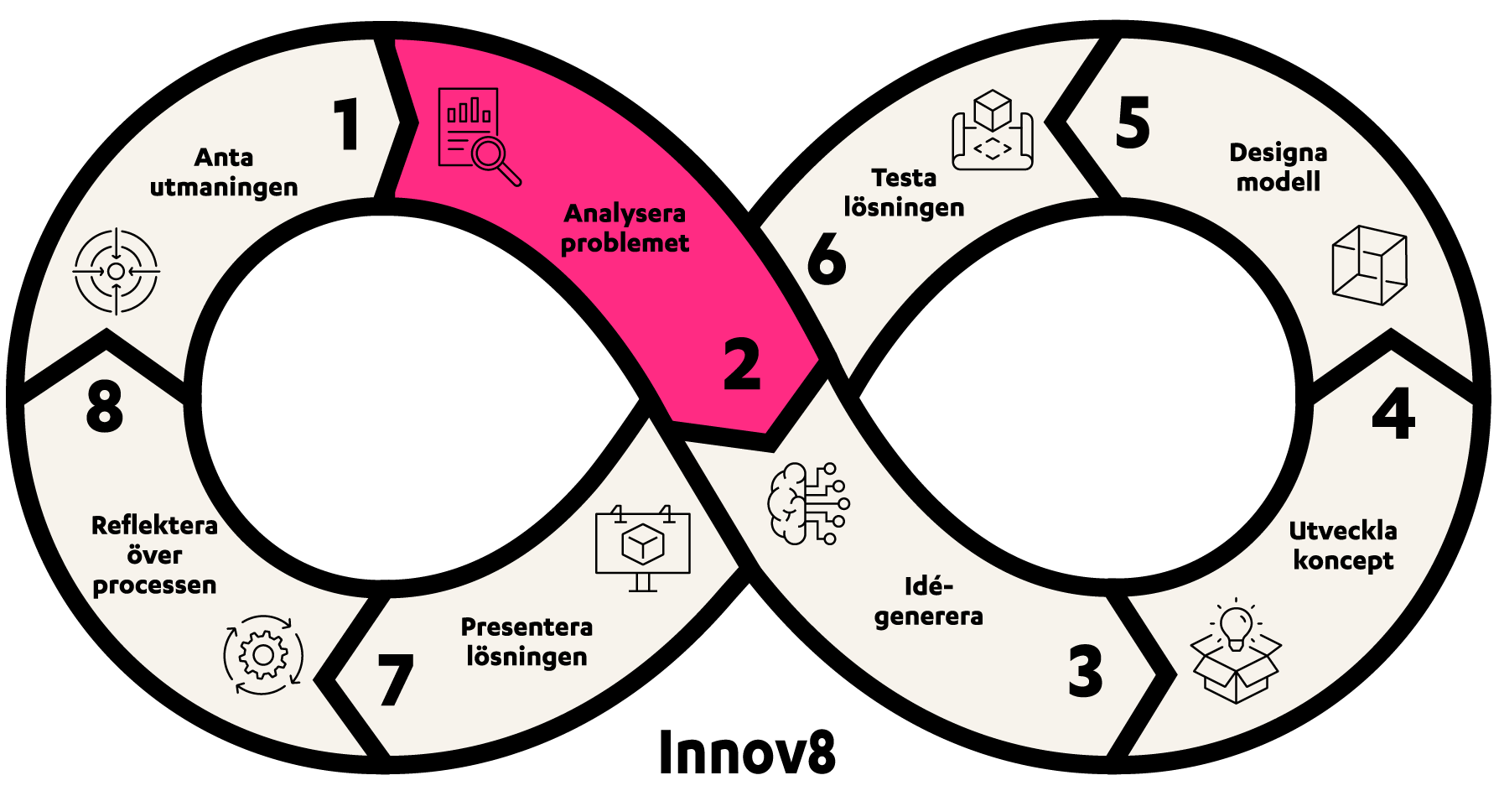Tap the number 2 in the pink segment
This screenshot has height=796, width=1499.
742,365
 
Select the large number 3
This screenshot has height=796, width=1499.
1086,671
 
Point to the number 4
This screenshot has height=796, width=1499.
1393,414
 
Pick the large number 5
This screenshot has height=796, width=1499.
1133,122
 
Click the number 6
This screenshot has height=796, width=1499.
827,258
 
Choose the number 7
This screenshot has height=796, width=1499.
396,679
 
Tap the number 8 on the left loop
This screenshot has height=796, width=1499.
105,407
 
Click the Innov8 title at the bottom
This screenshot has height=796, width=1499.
747,752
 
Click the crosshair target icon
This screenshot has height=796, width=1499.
116,271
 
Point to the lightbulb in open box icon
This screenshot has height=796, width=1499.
1236,653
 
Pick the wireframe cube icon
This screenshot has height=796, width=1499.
1369,265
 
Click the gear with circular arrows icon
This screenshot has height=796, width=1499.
263,655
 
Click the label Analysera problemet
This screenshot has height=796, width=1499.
625,228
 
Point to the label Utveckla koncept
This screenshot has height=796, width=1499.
1343,545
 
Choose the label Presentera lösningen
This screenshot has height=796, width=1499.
526,642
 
